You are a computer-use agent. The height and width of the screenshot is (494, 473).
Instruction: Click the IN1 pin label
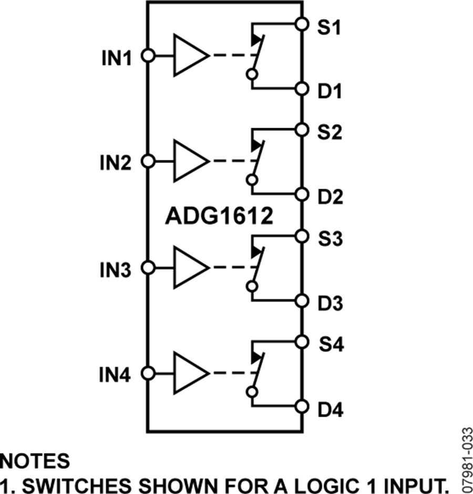(x=117, y=56)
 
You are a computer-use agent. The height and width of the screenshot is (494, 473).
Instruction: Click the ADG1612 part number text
(x=219, y=216)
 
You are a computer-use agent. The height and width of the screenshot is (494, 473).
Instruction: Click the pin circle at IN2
(x=148, y=161)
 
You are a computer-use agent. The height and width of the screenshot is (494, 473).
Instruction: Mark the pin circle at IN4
(x=148, y=374)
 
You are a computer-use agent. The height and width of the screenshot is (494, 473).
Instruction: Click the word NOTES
(x=35, y=461)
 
